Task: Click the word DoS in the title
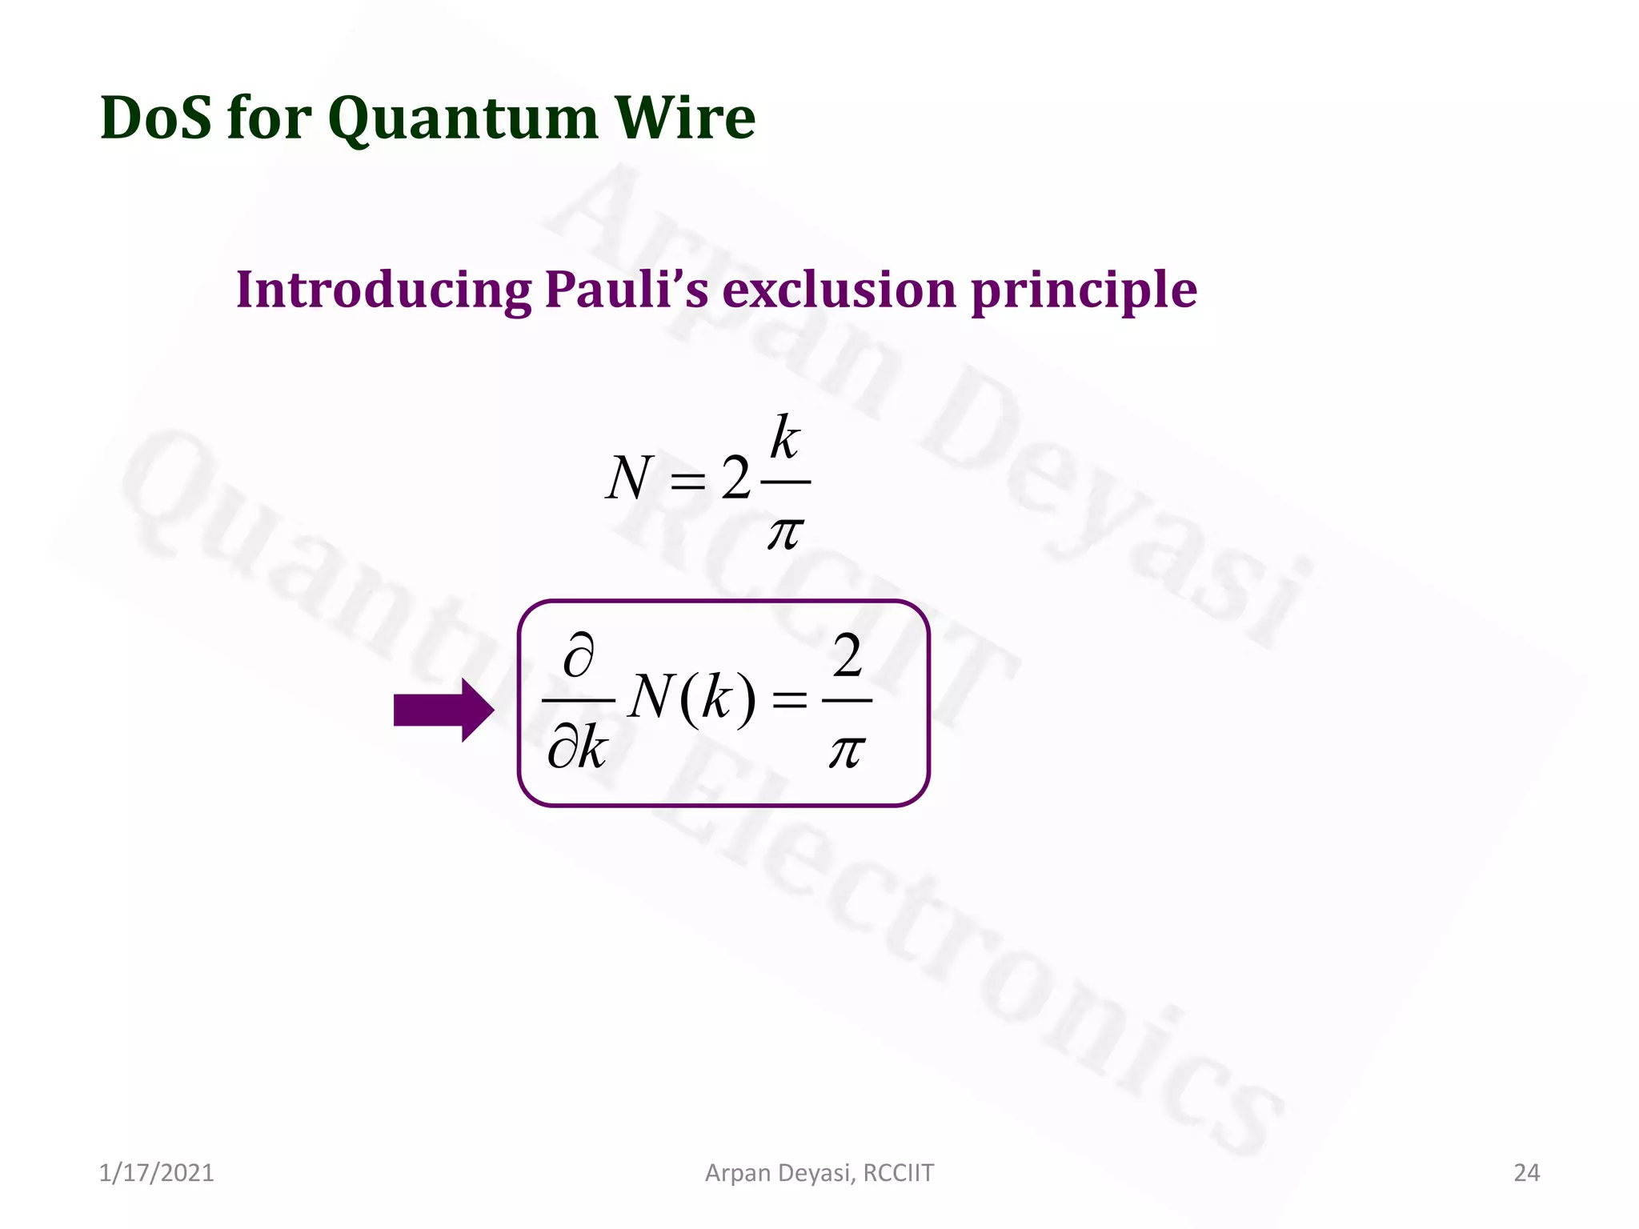155,118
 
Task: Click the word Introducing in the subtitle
383,290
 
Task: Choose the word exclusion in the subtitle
840,290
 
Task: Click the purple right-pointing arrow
443,710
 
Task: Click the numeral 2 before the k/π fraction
735,478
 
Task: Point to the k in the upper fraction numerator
785,438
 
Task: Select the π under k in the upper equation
785,532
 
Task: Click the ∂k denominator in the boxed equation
577,749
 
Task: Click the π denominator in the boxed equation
847,751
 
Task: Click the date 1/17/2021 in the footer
157,1173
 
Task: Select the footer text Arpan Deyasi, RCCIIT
819,1173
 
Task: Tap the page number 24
1526,1173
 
